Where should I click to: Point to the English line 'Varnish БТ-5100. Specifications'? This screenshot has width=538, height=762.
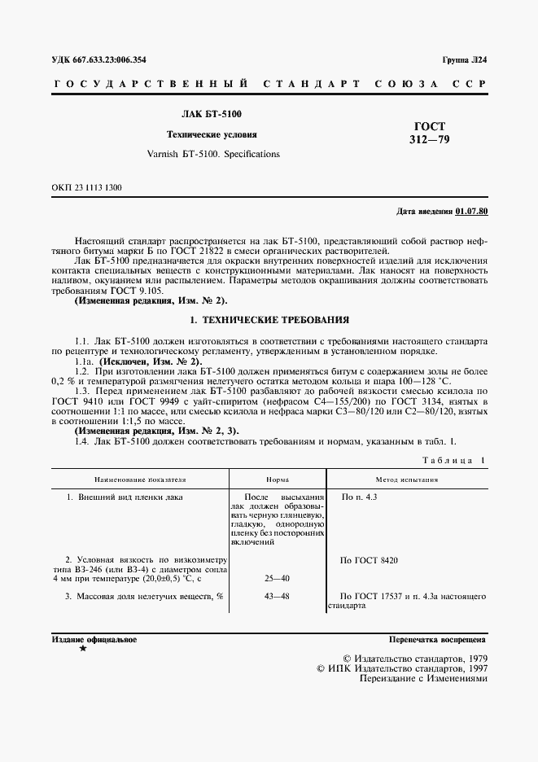pyautogui.click(x=212, y=153)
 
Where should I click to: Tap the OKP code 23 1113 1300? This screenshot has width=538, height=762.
pyautogui.click(x=86, y=187)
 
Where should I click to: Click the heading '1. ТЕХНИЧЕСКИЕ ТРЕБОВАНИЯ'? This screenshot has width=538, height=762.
pyautogui.click(x=269, y=321)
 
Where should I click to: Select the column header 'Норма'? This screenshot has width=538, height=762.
pyautogui.click(x=278, y=480)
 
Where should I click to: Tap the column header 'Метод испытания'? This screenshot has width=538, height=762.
pyautogui.click(x=406, y=480)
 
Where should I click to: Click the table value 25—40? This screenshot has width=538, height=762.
pyautogui.click(x=278, y=579)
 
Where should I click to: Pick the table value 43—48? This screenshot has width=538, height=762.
pyautogui.click(x=278, y=597)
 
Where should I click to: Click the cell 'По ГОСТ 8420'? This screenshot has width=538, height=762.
pyautogui.click(x=370, y=561)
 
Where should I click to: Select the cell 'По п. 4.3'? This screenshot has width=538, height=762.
pyautogui.click(x=359, y=497)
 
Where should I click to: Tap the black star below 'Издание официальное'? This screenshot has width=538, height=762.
pyautogui.click(x=83, y=650)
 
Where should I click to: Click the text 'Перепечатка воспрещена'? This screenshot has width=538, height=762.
pyautogui.click(x=437, y=640)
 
